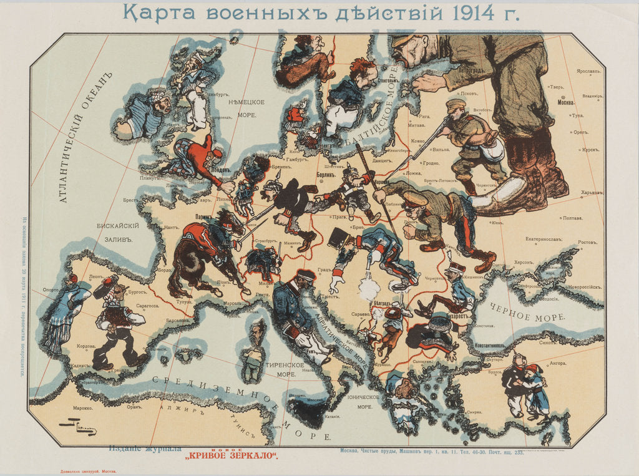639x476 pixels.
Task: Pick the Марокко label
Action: pyautogui.click(x=82, y=410)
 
